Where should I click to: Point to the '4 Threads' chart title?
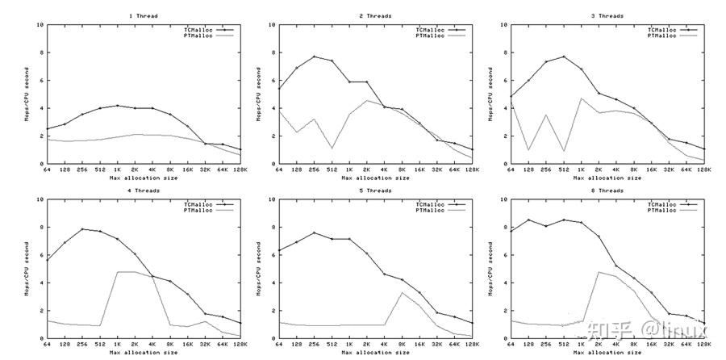[x=144, y=190]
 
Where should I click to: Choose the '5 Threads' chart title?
[x=375, y=190]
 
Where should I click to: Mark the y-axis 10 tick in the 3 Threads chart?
[x=504, y=24]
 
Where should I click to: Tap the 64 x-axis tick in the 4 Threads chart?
[x=48, y=345]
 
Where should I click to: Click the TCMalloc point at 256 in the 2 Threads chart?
[x=315, y=57]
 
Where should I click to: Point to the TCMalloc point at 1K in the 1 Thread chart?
[x=118, y=106]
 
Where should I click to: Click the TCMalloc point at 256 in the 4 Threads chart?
[x=82, y=229]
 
